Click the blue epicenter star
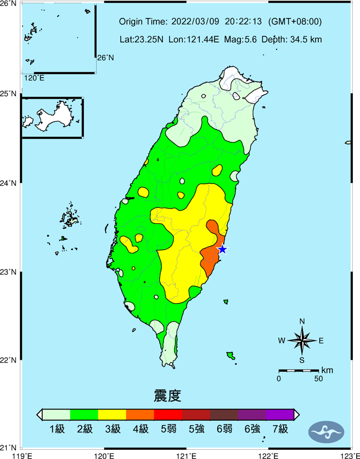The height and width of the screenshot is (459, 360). click(x=222, y=250)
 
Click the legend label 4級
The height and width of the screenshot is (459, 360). click(x=140, y=429)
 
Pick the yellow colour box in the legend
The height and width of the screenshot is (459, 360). click(x=112, y=415)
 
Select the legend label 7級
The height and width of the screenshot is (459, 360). click(x=279, y=429)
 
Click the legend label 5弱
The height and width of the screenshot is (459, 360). click(x=168, y=429)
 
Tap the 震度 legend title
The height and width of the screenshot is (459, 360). click(x=167, y=395)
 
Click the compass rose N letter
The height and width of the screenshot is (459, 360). click(x=302, y=321)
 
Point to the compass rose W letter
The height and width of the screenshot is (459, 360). click(x=282, y=341)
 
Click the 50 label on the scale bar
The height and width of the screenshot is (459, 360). click(x=318, y=379)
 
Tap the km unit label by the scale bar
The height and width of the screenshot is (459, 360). click(x=327, y=370)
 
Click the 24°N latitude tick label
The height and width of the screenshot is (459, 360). click(x=8, y=183)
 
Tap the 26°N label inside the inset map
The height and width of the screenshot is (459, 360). click(x=105, y=58)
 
